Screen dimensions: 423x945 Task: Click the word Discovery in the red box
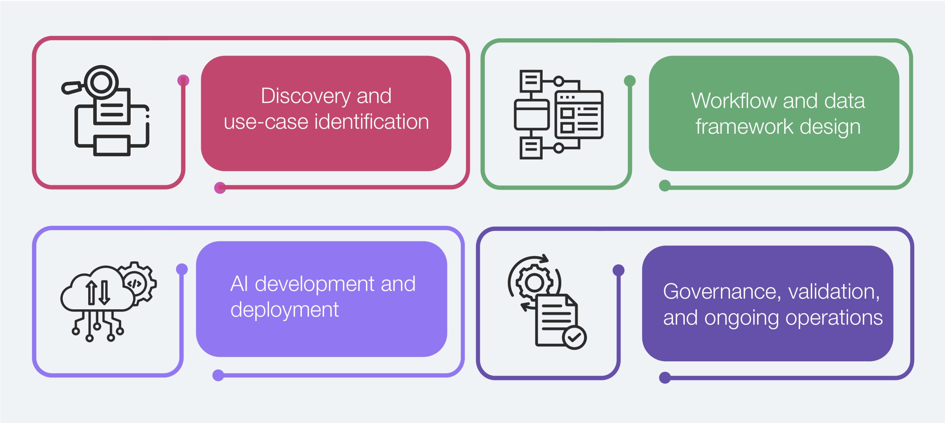tap(305, 96)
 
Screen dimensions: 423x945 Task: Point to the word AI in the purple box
tap(239, 284)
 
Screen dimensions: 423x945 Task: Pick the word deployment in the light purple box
tap(284, 310)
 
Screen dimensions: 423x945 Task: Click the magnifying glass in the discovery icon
tap(100, 82)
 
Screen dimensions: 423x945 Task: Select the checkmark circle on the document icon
tap(574, 337)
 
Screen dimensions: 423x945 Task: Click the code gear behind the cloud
tap(136, 283)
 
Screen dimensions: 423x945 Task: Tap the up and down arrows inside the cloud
tap(98, 292)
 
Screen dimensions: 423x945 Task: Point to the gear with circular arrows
tap(534, 283)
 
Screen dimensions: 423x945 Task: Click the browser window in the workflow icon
tap(578, 114)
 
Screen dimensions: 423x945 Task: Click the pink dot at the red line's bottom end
tap(220, 188)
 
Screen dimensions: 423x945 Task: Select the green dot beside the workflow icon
tap(630, 81)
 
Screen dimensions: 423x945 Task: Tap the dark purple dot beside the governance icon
tap(618, 270)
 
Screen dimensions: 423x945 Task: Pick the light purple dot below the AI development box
tap(218, 375)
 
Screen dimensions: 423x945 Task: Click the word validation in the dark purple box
tap(834, 292)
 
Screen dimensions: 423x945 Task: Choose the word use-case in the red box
tap(266, 122)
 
